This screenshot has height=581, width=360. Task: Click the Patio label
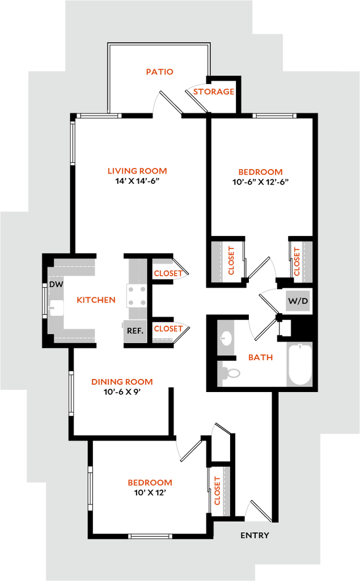click(x=160, y=72)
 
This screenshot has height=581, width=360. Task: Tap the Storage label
click(x=213, y=91)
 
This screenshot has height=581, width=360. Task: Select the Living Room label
click(x=138, y=171)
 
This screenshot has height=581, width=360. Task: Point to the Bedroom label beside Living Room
click(x=260, y=172)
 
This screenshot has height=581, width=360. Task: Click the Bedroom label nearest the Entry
click(x=150, y=483)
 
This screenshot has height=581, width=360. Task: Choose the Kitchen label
click(x=96, y=300)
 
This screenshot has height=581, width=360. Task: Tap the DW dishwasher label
click(x=56, y=284)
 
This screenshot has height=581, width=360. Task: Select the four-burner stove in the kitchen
click(x=137, y=296)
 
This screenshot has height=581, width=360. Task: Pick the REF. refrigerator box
click(x=135, y=330)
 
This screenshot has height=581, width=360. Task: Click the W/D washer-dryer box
click(x=298, y=301)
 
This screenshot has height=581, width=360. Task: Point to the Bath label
click(x=261, y=358)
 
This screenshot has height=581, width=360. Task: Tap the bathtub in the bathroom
click(x=300, y=364)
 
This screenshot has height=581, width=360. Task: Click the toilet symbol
click(x=230, y=373)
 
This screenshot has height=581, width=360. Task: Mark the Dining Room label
click(x=122, y=382)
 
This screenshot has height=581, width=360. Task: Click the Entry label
click(x=255, y=535)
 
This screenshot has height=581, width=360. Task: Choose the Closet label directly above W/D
click(x=296, y=262)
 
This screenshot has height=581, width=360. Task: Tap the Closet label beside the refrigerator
click(x=168, y=329)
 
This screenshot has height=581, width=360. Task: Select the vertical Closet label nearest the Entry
click(x=217, y=491)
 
